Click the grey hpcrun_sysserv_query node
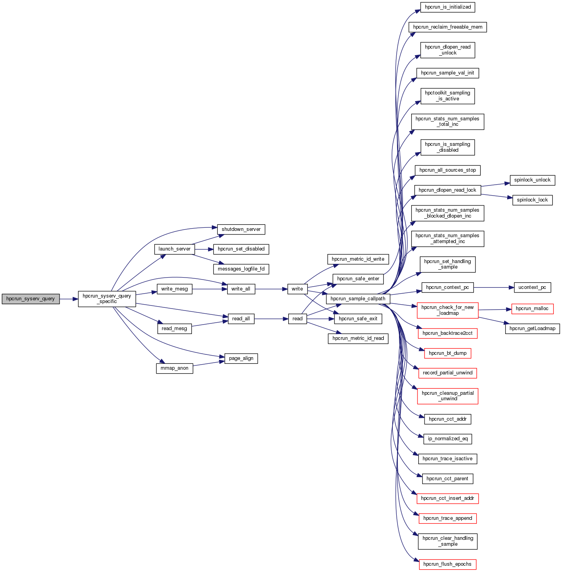pyautogui.click(x=31, y=299)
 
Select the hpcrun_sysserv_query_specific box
pyautogui.click(x=107, y=299)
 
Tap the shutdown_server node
pyautogui.click(x=241, y=229)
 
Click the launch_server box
pyautogui.click(x=174, y=249)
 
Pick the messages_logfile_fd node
pyautogui.click(x=241, y=269)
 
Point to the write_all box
pyautogui.click(x=240, y=289)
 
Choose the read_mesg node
pyautogui.click(x=174, y=329)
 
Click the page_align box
pyautogui.click(x=241, y=358)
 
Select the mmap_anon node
pyautogui.click(x=174, y=368)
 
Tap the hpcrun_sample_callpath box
pyautogui.click(x=358, y=299)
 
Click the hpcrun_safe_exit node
pyautogui.click(x=358, y=319)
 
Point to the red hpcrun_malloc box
pyautogui.click(x=532, y=309)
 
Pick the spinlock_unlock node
pyautogui.click(x=532, y=180)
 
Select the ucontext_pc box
pyautogui.click(x=532, y=287)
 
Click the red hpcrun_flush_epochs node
pyautogui.click(x=447, y=564)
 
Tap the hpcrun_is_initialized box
pyautogui.click(x=448, y=7)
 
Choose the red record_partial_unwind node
pyautogui.click(x=447, y=373)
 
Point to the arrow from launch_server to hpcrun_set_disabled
pyautogui.click(x=204, y=249)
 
